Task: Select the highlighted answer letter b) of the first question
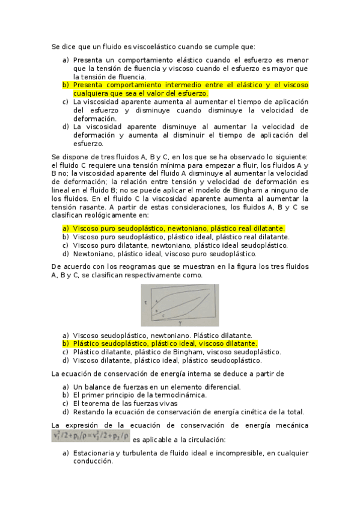(66, 85)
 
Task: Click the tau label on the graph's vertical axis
(146, 303)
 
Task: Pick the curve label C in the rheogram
(163, 315)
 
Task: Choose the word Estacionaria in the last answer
(94, 453)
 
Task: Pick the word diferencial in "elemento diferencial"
(214, 387)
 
